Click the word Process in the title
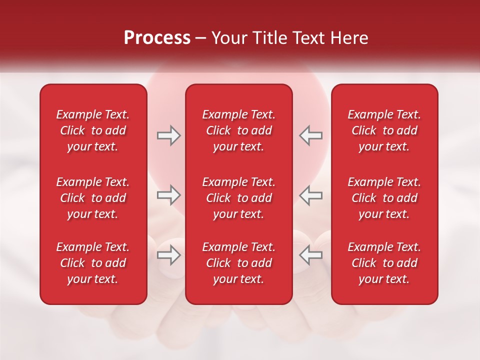click(x=157, y=38)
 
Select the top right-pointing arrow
click(x=168, y=135)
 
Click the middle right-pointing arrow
click(x=168, y=195)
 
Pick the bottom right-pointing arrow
click(x=168, y=255)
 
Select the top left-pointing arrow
click(x=310, y=135)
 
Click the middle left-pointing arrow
click(x=310, y=195)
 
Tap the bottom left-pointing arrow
click(x=310, y=255)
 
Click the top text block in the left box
click(x=93, y=130)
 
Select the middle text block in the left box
click(x=93, y=198)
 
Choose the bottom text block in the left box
click(x=93, y=263)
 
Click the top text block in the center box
click(x=238, y=130)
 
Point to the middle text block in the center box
click(x=238, y=198)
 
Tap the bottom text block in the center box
click(x=238, y=263)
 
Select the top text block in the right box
click(x=384, y=130)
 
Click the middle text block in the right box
click(x=384, y=198)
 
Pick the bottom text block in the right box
click(x=384, y=263)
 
